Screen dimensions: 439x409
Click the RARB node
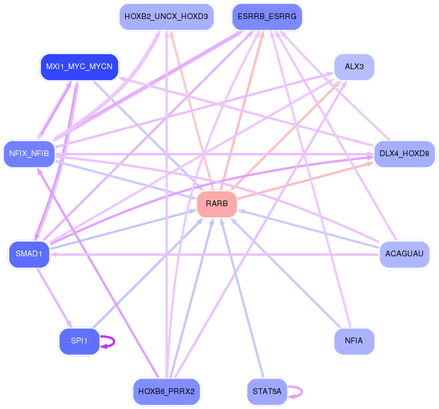coord(217,204)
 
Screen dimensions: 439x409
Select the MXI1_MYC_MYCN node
coord(80,67)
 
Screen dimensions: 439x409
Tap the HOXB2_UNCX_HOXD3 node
coord(167,17)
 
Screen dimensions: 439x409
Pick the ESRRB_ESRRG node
coord(267,17)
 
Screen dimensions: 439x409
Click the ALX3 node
coord(354,67)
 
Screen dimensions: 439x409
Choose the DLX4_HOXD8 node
coord(404,154)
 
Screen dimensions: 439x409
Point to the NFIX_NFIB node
coord(29,154)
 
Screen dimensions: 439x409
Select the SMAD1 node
coord(29,254)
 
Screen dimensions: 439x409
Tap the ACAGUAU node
coord(404,254)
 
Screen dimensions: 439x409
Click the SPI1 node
coord(80,341)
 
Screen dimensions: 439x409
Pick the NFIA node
coord(354,341)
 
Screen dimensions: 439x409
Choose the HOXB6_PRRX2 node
coord(167,391)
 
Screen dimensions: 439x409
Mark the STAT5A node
coord(267,391)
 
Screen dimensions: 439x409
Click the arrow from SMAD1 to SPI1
coord(55,298)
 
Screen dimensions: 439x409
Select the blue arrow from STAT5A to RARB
coord(242,298)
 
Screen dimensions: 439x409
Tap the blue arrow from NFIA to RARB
coord(286,273)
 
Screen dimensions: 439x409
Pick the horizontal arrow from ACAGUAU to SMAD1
coord(215,255)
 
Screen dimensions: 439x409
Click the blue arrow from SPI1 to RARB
coord(148,273)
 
